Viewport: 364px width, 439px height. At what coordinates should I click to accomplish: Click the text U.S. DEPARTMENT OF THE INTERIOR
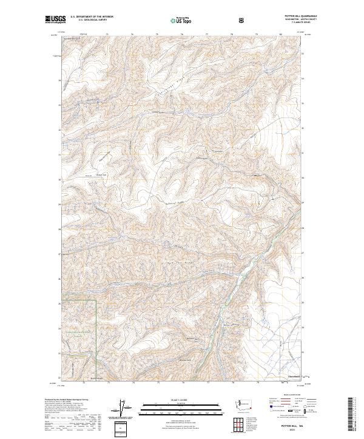(91, 17)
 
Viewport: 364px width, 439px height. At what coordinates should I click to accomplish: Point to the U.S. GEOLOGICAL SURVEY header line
(87, 20)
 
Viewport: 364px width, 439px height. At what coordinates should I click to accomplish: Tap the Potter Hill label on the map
(101, 176)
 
